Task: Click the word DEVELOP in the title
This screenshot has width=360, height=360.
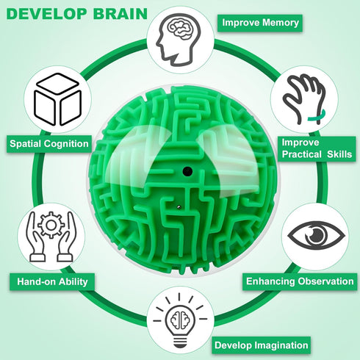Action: (47, 14)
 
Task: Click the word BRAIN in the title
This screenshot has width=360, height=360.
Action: (120, 14)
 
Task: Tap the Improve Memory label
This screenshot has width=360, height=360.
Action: (260, 23)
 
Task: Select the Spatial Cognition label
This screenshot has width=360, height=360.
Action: (49, 144)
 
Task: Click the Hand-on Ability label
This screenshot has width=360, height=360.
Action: (52, 281)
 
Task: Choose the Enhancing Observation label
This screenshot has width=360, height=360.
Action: (300, 281)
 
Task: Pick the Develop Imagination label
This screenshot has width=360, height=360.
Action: (261, 345)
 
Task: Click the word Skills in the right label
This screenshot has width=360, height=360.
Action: (339, 154)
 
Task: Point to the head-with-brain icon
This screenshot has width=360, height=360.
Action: (179, 39)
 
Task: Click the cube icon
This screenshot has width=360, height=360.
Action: (58, 99)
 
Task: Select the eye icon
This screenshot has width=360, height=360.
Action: (316, 235)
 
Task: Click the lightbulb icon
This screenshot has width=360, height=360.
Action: (180, 320)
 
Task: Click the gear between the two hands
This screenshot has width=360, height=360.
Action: (51, 225)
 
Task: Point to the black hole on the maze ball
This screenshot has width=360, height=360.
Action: (187, 171)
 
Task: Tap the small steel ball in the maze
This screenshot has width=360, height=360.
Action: (179, 207)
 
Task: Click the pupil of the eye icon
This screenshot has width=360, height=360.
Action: (316, 235)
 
